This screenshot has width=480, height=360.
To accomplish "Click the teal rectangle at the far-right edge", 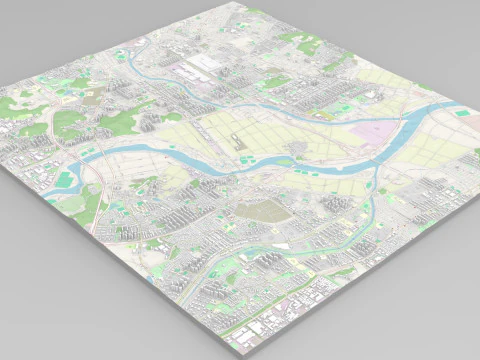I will tap(460, 113).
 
